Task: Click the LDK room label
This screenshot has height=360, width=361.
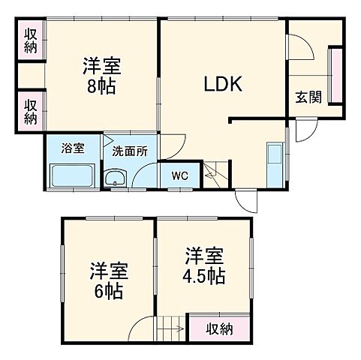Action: tap(223, 85)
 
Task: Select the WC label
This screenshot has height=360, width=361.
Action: tap(180, 176)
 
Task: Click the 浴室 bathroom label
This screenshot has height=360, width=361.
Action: tap(72, 148)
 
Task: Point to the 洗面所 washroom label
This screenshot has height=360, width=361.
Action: tap(130, 151)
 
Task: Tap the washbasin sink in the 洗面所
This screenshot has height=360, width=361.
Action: tap(116, 178)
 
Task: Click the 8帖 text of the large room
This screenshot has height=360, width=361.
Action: tap(101, 87)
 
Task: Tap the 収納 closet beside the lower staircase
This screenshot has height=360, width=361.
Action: tap(220, 328)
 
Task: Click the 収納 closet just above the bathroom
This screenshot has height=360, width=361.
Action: tap(31, 110)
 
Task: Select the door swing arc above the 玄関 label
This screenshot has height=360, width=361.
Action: tap(302, 46)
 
